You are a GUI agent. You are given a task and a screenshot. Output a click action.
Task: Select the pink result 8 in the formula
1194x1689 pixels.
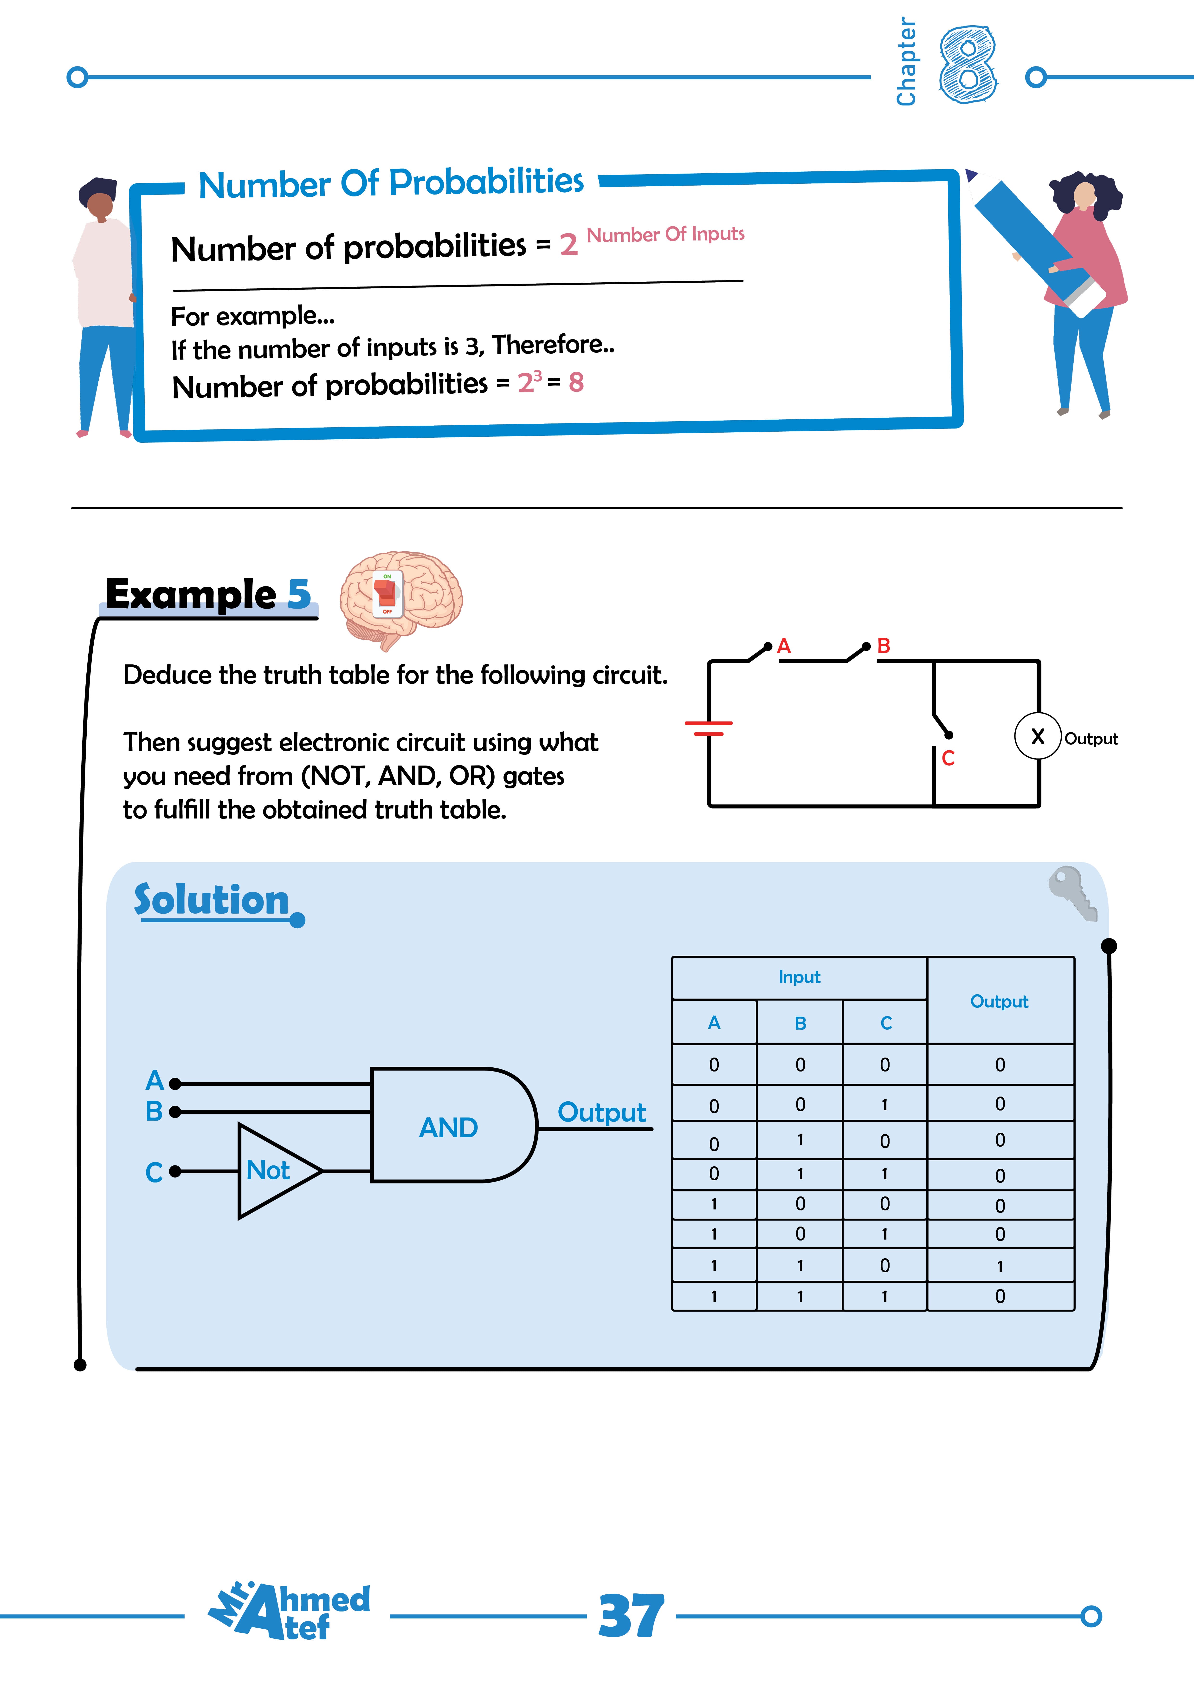[576, 383]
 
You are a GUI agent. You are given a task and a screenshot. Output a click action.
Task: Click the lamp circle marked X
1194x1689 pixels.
[1037, 736]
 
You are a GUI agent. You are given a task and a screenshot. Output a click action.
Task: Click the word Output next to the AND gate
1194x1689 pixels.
[601, 1112]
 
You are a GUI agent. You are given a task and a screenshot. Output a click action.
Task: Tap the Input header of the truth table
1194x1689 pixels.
[799, 977]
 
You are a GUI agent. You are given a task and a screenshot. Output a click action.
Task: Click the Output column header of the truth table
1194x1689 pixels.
[999, 1001]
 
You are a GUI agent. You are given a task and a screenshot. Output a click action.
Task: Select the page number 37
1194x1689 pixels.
[631, 1616]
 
